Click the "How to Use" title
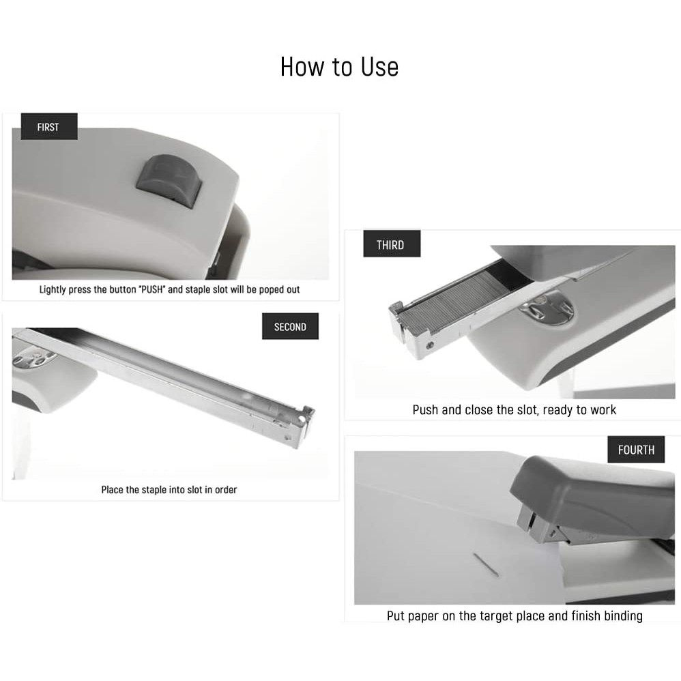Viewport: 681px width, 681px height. [x=339, y=67]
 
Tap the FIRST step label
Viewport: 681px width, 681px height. [x=49, y=126]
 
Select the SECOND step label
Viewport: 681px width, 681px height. [x=290, y=326]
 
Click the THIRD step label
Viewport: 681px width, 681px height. [x=392, y=244]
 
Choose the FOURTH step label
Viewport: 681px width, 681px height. [x=636, y=450]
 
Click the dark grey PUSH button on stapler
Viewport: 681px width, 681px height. [x=169, y=177]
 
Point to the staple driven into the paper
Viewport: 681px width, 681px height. [x=486, y=564]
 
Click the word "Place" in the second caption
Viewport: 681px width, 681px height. [x=112, y=489]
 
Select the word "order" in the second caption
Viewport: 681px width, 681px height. [x=226, y=489]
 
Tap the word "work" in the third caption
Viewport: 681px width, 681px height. [x=603, y=409]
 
